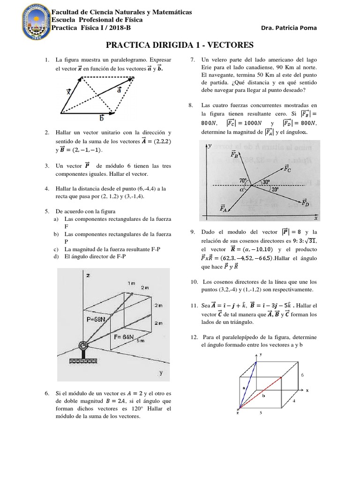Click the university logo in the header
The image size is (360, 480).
24,23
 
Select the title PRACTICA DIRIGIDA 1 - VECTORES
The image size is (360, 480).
180,45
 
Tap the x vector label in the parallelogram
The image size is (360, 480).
69,92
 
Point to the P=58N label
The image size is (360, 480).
99,318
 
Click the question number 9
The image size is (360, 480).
192,232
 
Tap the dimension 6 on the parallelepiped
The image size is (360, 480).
302,375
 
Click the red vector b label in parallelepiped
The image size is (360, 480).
263,396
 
